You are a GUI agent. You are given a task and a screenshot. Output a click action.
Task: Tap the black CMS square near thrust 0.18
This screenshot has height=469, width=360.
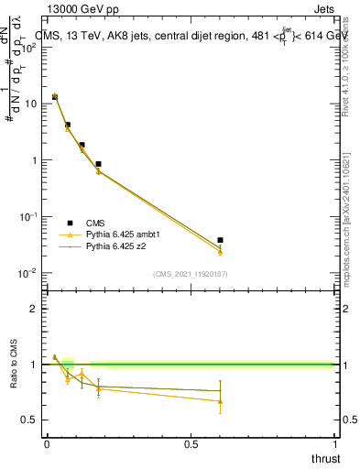98,164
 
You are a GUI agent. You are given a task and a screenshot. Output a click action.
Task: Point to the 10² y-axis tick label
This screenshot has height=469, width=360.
29,48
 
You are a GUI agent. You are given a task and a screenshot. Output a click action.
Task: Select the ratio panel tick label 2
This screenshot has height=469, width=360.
34,309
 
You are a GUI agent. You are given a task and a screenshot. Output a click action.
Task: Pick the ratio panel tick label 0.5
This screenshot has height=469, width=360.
29,420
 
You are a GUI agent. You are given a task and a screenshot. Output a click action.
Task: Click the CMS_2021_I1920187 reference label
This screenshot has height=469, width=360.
190,274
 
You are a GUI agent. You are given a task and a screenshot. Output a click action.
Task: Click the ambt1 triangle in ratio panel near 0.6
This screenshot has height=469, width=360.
220,401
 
